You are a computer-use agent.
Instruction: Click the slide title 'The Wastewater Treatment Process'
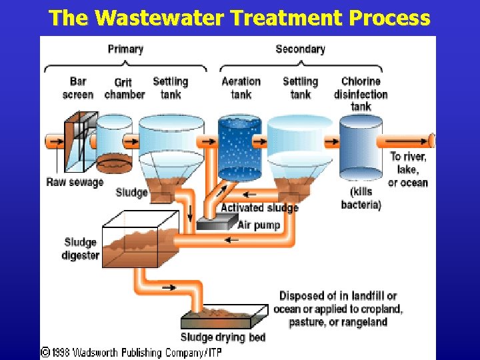point(239,17)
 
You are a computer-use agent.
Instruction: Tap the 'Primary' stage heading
point(125,49)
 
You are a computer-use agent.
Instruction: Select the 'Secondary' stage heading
point(300,49)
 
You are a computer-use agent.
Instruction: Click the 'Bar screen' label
point(77,88)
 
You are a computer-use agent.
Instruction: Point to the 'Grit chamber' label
point(124,89)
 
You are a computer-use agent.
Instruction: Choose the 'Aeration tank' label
point(241,88)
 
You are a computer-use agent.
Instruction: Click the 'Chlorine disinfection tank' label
point(361,94)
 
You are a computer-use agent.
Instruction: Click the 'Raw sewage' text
point(75,182)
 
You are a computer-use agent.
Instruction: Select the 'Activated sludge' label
point(259,207)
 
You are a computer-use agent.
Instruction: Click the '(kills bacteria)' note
point(361,199)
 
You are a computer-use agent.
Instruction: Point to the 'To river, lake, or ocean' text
point(408,169)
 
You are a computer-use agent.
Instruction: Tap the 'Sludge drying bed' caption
point(223,337)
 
